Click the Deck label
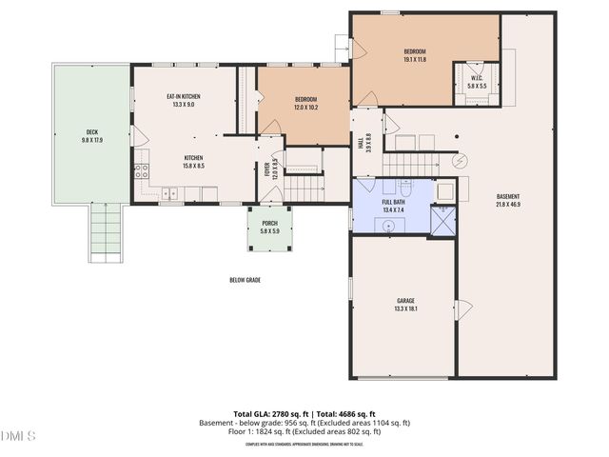point(92,135)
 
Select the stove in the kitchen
point(141,172)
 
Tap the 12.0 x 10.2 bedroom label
point(305,104)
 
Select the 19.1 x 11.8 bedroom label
point(415,54)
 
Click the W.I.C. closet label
point(477,82)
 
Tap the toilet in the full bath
point(404,188)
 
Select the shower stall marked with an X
point(442,221)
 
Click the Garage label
point(405,304)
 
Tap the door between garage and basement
point(462,309)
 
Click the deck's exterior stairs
point(106,233)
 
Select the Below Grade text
point(245,280)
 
